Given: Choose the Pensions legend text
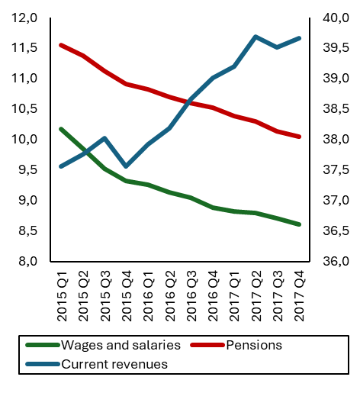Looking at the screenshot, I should pyautogui.click(x=254, y=345).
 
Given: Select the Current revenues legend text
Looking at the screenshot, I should pyautogui.click(x=114, y=364).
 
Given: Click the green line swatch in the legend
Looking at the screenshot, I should pyautogui.click(x=42, y=345).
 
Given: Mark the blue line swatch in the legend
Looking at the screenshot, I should pyautogui.click(x=42, y=364).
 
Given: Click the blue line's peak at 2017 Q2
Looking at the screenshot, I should pyautogui.click(x=256, y=37).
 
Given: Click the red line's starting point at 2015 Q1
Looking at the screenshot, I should pyautogui.click(x=60, y=45).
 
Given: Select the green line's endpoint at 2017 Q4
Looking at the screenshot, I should pyautogui.click(x=299, y=224).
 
